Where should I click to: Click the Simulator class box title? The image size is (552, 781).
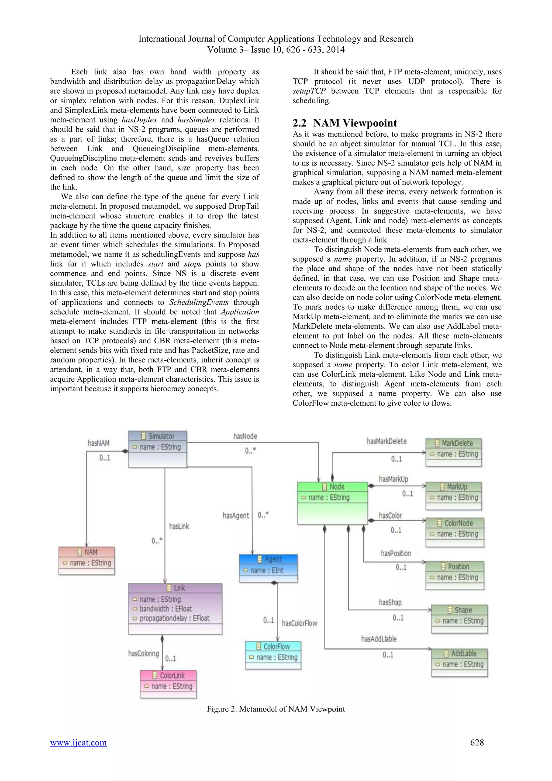point(158,436)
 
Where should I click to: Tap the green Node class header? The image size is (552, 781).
point(332,487)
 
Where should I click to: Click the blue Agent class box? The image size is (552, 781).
point(268,568)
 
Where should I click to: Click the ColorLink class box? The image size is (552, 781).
point(168,684)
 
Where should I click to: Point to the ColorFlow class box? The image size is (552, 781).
point(273,655)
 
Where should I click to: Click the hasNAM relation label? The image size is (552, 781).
point(99,443)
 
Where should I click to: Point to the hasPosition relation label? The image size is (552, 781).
point(396,553)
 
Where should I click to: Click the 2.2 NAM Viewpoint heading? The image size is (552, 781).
point(345,123)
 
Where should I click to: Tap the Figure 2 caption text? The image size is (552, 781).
point(276,709)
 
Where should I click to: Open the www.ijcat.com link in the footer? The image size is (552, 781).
point(78,742)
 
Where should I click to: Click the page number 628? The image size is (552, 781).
point(477,742)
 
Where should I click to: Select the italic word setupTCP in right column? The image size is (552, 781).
point(309,91)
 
